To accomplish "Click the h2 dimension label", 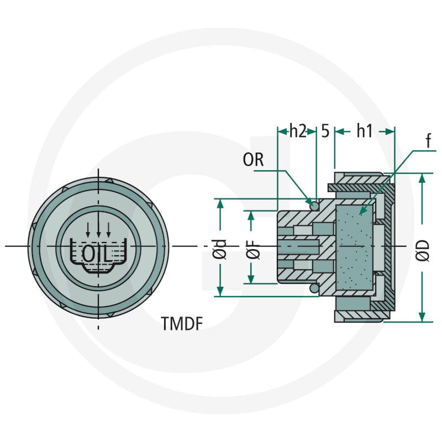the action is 298,131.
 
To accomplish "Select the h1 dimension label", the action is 365,131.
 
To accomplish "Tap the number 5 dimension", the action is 325,131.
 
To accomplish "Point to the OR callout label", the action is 253,160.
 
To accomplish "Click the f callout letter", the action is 428,141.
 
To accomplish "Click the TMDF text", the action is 182,323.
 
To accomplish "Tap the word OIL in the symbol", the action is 95,254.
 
